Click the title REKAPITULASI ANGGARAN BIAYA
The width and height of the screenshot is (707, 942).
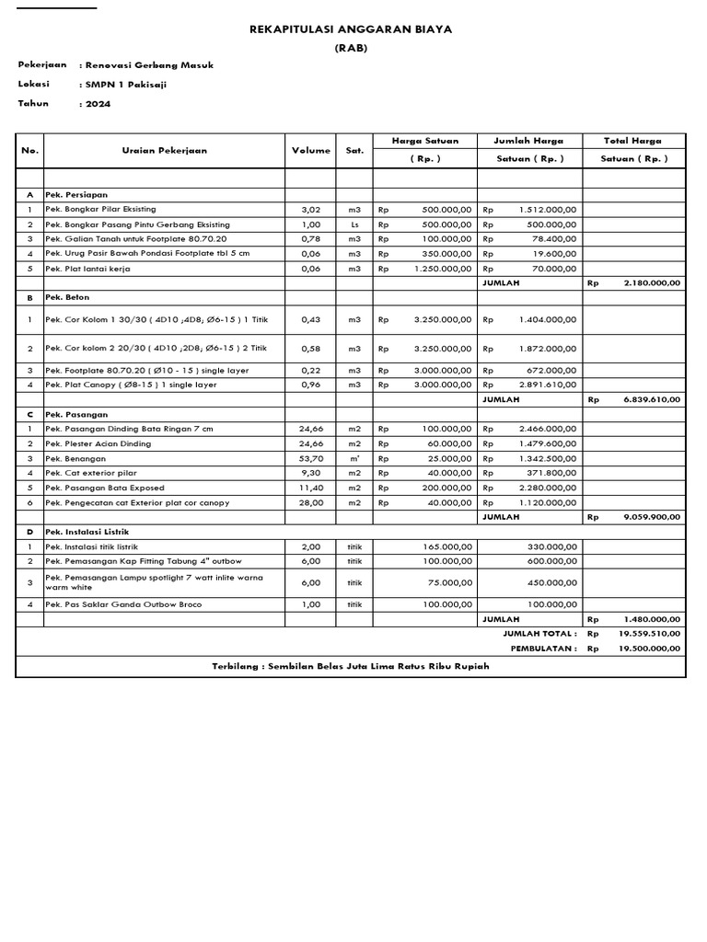click(352, 29)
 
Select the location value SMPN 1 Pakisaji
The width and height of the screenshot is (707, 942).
click(127, 85)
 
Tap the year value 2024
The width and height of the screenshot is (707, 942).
click(98, 104)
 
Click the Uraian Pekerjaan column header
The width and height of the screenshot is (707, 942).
click(164, 150)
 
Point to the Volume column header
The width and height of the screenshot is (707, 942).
click(311, 150)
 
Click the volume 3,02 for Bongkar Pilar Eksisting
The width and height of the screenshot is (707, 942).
click(311, 210)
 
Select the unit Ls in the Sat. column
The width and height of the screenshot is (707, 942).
click(354, 224)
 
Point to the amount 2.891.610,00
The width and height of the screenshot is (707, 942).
click(547, 385)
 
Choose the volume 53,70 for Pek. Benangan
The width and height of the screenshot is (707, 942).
click(311, 458)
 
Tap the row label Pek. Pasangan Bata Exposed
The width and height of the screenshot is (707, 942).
click(105, 488)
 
